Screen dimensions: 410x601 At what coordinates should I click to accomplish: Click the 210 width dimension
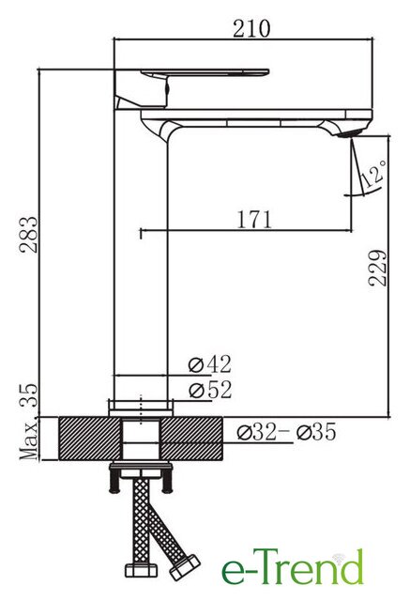click(x=251, y=29)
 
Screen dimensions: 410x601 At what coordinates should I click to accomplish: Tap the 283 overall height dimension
click(x=29, y=235)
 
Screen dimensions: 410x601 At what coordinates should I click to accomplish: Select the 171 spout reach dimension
click(x=254, y=219)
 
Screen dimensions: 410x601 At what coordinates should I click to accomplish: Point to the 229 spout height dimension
click(x=377, y=268)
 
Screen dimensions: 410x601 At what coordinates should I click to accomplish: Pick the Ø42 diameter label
click(x=210, y=364)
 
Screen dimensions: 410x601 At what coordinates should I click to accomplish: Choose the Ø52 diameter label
click(x=210, y=391)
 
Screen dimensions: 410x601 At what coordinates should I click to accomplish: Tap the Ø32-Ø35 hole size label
click(x=286, y=432)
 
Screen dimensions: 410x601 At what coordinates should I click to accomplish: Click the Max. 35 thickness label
click(x=29, y=422)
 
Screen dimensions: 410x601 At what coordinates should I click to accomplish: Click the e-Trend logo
click(x=293, y=567)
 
